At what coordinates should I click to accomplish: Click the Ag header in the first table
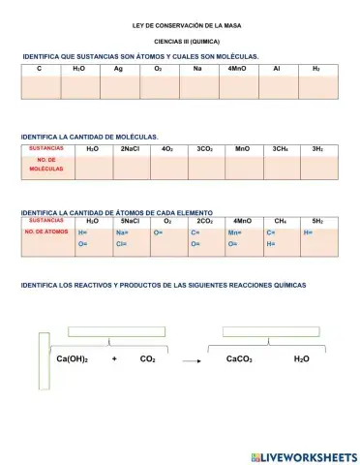[x=118, y=70]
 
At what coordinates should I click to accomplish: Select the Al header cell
[x=277, y=70]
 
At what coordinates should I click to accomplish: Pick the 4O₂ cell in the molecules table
[x=167, y=149]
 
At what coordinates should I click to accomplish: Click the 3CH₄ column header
[x=281, y=149]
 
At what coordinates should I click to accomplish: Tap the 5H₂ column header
[x=317, y=222]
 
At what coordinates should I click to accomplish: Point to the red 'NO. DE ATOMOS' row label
[x=46, y=232]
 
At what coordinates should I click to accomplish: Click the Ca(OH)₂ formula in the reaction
[x=72, y=359]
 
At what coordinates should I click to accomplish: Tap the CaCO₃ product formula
[x=239, y=359]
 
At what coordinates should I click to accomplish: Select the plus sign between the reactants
[x=114, y=359]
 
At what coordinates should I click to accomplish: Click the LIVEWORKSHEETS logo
[x=303, y=456]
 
